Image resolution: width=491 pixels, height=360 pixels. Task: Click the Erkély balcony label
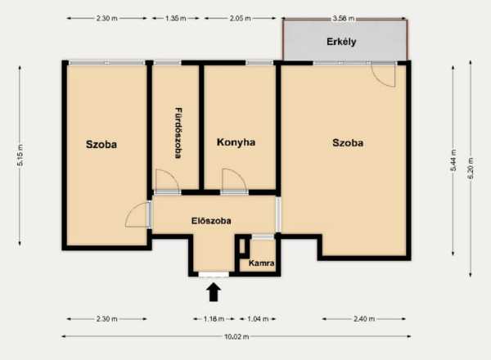coord(341,42)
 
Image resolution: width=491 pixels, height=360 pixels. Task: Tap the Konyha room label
coord(236,142)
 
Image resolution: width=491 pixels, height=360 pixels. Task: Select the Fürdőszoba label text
coord(178,133)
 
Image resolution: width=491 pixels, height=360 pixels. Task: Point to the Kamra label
coord(262,263)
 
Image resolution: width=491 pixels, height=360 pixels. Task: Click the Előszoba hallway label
coord(211,221)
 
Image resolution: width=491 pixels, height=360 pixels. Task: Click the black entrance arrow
coord(214,292)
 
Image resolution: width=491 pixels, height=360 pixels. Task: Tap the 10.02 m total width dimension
coord(236,336)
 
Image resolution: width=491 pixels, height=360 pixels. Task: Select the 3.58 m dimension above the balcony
coord(344,18)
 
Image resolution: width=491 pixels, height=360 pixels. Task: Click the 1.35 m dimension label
coord(176,18)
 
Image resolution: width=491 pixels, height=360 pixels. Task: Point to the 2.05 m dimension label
coord(240,18)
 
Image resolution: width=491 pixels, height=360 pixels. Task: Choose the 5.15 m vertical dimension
coord(20,155)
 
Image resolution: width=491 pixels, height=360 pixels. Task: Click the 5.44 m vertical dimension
coord(453,160)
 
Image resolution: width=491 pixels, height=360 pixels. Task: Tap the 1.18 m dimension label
coord(214,319)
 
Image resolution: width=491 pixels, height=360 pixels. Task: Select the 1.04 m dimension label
coord(258,319)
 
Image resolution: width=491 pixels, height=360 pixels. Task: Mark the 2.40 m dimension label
coord(364,319)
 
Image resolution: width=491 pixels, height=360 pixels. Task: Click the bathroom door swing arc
coord(172,174)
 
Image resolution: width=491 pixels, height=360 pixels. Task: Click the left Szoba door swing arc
coord(132,209)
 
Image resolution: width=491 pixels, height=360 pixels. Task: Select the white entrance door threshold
coord(214,275)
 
